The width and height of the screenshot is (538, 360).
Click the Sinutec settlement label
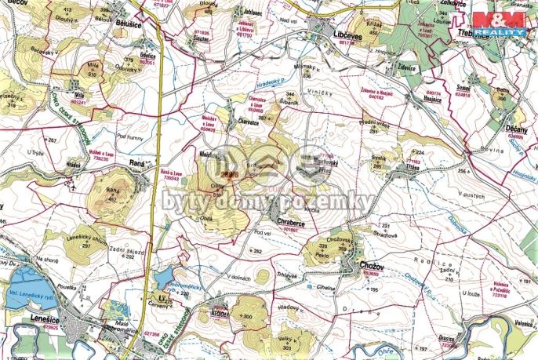tap(202, 37)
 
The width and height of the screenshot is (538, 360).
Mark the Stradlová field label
tap(385, 232)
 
